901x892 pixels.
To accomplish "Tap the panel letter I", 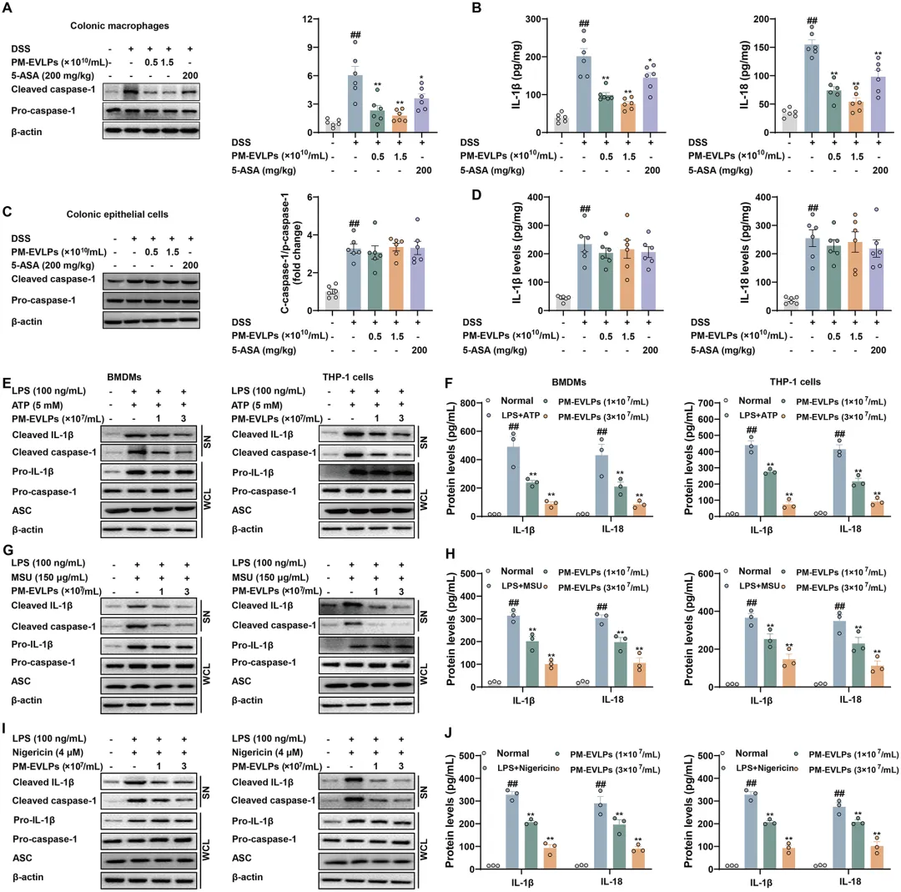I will point(7,729).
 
